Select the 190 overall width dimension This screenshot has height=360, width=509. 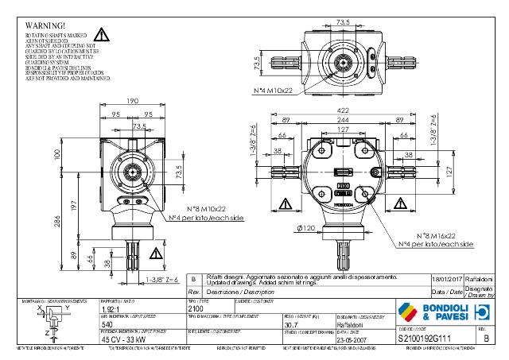click(132, 100)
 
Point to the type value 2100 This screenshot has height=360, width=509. click(196, 308)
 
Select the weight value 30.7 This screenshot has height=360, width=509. click(291, 324)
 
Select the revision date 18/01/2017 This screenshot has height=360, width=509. click(446, 279)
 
